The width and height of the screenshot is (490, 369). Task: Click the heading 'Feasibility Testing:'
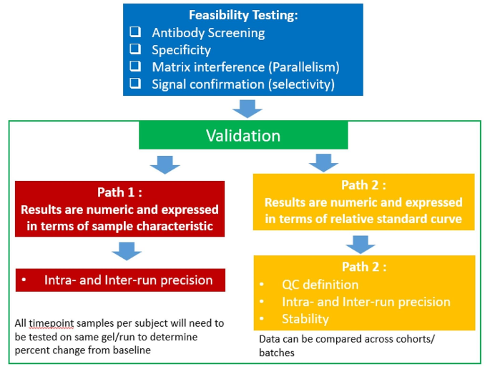coord(244,15)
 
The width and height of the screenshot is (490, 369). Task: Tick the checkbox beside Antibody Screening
coord(135,33)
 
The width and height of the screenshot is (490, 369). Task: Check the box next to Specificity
coord(135,50)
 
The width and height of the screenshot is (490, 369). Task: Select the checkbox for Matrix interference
coord(135,67)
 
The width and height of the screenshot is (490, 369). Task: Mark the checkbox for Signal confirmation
coord(135,84)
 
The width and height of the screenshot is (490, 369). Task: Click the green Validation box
coord(243,135)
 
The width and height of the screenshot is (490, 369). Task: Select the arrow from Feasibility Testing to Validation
coord(248,107)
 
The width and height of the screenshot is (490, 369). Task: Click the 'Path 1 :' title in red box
coord(120,192)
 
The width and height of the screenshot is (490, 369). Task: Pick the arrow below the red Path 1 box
coord(127,251)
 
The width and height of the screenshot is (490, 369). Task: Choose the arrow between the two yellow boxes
coord(362,242)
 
